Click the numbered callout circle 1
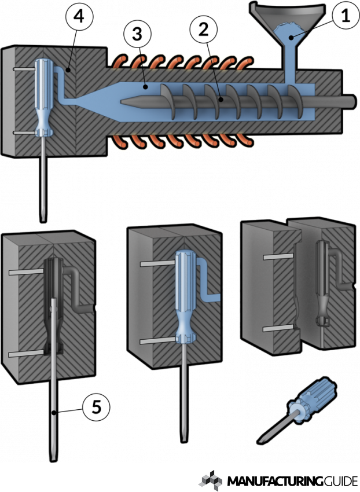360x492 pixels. click(345, 17)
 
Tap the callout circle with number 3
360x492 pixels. click(135, 35)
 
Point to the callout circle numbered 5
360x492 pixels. click(96, 407)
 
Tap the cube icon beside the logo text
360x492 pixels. click(211, 480)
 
